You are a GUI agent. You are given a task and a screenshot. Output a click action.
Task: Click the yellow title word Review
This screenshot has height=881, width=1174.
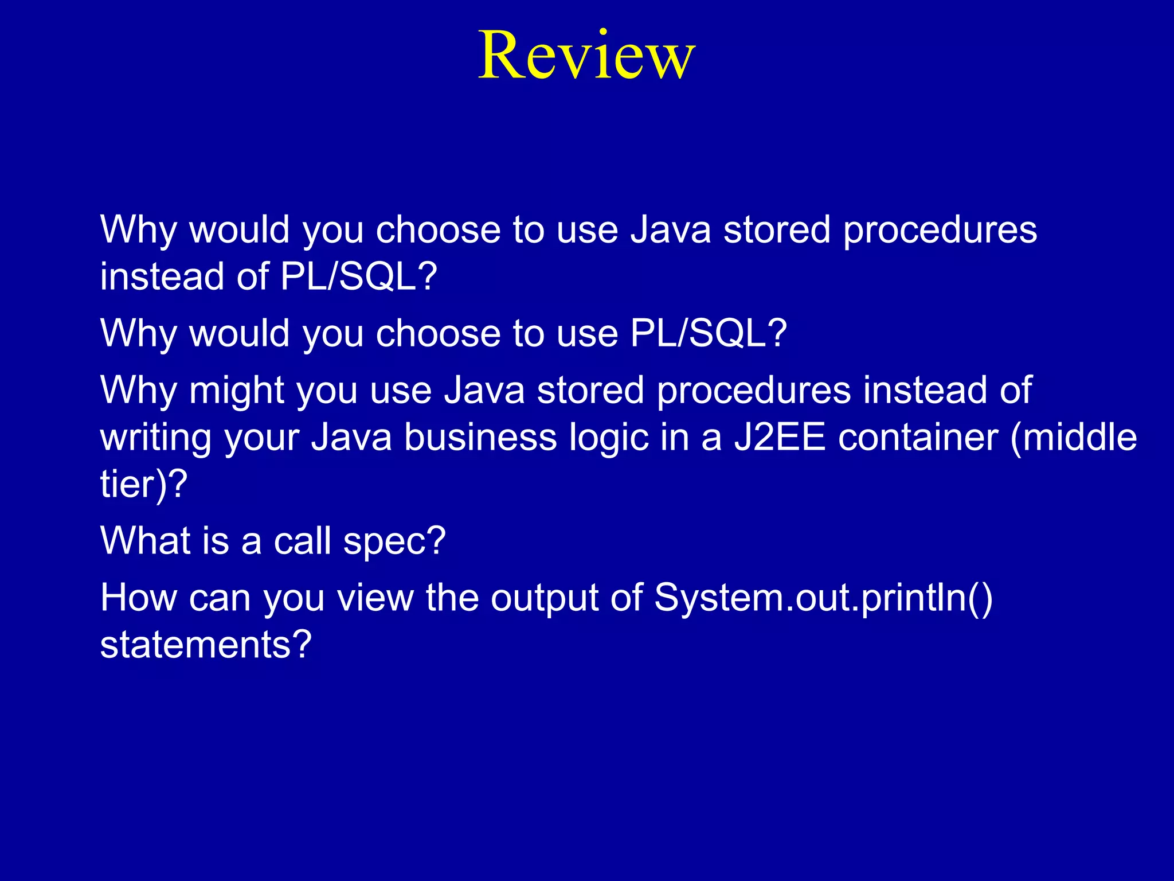[586, 56]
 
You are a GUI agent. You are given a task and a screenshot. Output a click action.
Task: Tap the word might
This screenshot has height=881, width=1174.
[237, 391]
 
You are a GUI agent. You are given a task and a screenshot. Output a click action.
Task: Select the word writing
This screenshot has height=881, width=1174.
[156, 438]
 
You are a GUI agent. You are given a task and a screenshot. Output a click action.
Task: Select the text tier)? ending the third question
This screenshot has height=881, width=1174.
[144, 485]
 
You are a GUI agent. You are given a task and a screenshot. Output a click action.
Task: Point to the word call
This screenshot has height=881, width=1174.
[302, 540]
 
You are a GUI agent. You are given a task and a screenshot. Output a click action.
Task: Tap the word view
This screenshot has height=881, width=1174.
[375, 598]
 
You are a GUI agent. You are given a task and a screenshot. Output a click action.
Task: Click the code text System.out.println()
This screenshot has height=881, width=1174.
[823, 598]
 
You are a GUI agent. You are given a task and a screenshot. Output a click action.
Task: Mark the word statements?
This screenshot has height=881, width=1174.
[206, 645]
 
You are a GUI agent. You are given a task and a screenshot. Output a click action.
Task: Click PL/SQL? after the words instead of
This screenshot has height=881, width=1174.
[359, 277]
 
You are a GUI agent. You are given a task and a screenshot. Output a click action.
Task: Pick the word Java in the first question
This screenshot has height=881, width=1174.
[670, 230]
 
